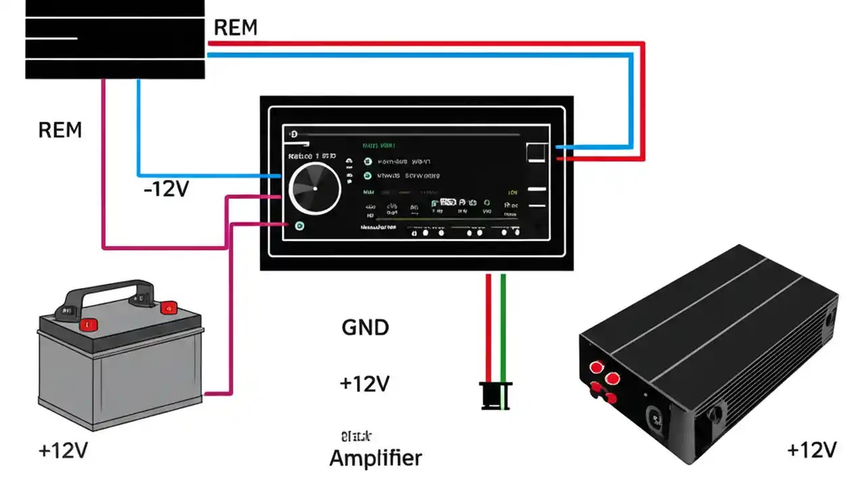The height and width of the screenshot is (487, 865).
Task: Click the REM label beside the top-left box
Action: pos(235,28)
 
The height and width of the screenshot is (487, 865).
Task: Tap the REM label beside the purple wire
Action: pos(60,130)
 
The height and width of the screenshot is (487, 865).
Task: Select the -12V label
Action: pos(166,189)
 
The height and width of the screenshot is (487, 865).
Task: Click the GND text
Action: pos(365,328)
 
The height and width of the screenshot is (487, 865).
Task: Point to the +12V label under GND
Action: pos(365,384)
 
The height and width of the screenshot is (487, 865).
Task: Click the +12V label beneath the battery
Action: pos(63,451)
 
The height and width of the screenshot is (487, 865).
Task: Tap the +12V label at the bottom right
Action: pos(812,450)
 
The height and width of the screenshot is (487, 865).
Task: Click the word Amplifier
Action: pos(375,458)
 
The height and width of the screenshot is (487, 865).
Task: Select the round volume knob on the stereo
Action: pos(315,189)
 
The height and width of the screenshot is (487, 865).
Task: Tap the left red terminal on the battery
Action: pos(86,325)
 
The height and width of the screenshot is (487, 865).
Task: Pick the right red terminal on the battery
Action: pos(167,308)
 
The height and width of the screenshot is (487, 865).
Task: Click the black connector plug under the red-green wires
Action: pos(496,395)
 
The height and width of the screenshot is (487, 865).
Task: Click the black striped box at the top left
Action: pos(115,39)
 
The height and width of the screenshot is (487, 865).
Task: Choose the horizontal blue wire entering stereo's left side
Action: pos(209,176)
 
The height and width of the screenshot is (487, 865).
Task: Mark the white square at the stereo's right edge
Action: pos(536,152)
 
